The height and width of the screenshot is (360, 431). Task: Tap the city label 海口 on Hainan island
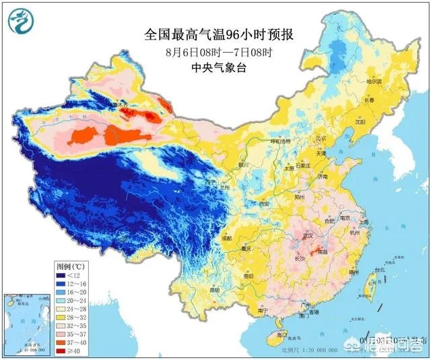(281, 334)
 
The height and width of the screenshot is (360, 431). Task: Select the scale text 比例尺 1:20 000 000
(317, 350)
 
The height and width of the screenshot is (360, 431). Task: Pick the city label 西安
(264, 204)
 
